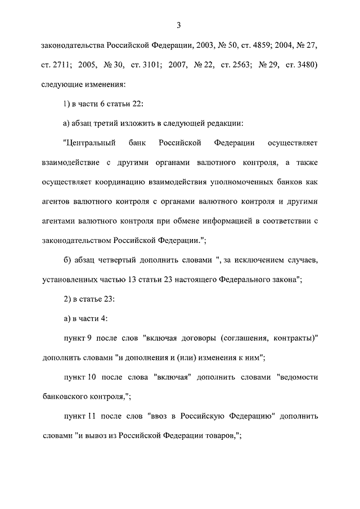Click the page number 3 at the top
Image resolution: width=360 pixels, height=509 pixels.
pos(178,25)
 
